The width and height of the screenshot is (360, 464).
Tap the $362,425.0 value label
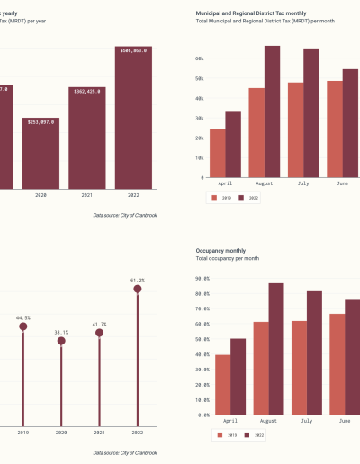click(x=87, y=91)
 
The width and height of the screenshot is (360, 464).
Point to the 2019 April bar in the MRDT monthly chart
click(x=218, y=154)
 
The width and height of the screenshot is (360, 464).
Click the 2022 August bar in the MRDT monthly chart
click(x=272, y=112)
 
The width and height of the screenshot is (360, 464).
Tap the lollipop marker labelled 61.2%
click(x=137, y=289)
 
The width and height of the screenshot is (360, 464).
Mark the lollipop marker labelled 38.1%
click(x=60, y=341)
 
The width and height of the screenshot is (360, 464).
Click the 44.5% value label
click(x=23, y=317)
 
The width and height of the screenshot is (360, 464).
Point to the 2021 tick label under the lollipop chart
click(x=99, y=433)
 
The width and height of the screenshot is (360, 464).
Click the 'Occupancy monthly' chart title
click(x=221, y=250)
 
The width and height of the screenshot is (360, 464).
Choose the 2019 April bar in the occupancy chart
click(x=222, y=385)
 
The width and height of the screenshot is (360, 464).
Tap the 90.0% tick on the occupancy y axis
click(x=202, y=279)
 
